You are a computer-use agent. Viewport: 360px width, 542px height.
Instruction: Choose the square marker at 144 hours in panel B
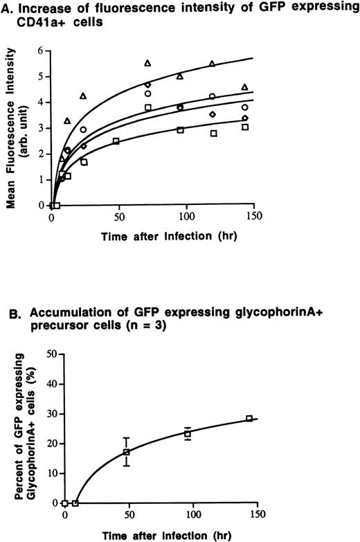pyautogui.click(x=249, y=418)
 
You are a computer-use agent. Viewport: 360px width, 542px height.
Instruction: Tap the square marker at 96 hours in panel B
pyautogui.click(x=188, y=433)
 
